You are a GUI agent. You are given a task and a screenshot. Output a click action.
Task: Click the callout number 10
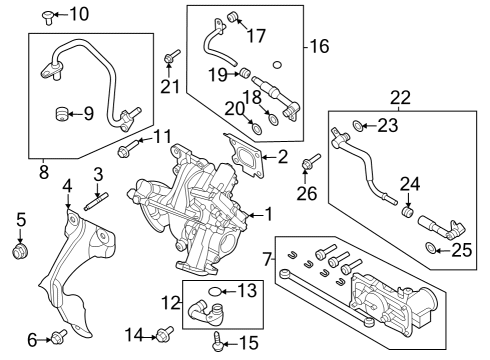(x=79, y=14)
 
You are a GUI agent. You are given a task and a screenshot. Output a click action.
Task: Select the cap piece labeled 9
(x=63, y=112)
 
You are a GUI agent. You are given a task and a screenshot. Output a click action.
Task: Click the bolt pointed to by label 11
(x=125, y=151)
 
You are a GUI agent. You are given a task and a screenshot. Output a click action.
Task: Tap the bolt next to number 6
(x=57, y=338)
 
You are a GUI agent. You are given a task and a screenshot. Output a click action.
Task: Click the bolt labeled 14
(x=166, y=333)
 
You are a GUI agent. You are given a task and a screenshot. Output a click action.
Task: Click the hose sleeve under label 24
(x=408, y=212)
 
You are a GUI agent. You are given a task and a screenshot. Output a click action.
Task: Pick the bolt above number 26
(x=309, y=158)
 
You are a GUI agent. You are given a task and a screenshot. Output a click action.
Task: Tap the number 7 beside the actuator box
(x=266, y=260)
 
